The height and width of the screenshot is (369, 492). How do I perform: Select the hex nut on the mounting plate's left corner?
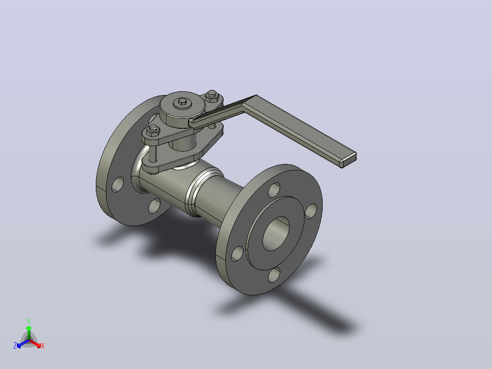click(153, 130)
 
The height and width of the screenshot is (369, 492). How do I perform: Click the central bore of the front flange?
click(276, 234)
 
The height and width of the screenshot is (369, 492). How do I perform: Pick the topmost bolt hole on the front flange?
click(274, 190)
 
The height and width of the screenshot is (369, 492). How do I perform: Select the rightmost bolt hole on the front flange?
click(311, 211)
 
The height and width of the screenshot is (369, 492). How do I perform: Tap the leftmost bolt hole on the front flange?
click(237, 254)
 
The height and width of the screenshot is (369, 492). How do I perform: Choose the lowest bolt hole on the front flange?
click(274, 275)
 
